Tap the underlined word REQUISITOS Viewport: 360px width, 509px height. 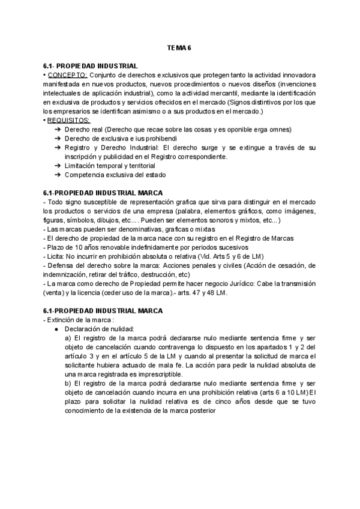[69, 121]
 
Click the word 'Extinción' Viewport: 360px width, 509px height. [64, 319]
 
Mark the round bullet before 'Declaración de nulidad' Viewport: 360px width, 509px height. [56, 329]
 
